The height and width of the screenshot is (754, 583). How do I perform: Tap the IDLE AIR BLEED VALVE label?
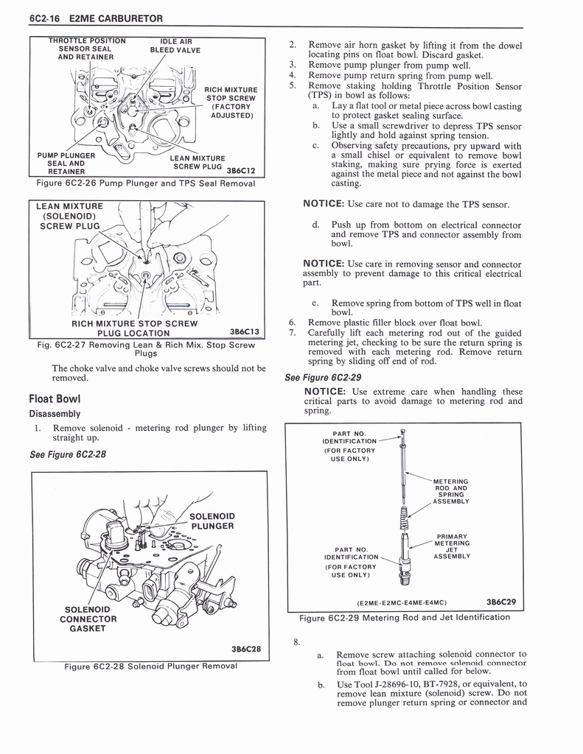175,46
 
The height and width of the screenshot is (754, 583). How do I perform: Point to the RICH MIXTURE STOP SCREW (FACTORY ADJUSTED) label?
230,102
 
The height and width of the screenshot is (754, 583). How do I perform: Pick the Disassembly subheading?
55,413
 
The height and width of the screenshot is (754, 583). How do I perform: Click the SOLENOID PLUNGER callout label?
212,521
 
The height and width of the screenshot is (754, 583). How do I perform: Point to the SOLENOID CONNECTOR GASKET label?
88,619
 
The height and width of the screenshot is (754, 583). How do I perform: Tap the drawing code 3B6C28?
246,649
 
